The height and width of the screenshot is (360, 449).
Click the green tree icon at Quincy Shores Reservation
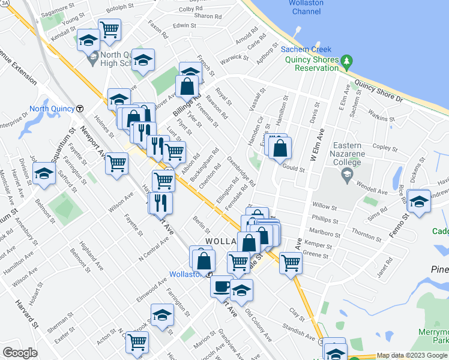coord(346,61)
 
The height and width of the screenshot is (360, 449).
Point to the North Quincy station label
coord(51,109)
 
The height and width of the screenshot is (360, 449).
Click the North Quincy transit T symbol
coord(80,109)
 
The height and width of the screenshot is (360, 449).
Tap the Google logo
coord(20,353)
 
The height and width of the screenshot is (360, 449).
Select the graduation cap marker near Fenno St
coord(418,199)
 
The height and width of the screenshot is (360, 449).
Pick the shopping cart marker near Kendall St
coord(109,28)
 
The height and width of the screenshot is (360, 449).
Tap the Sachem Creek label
coord(303,49)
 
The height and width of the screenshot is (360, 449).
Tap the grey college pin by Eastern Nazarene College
coord(346,175)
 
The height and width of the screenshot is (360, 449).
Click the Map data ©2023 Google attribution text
coord(411,355)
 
